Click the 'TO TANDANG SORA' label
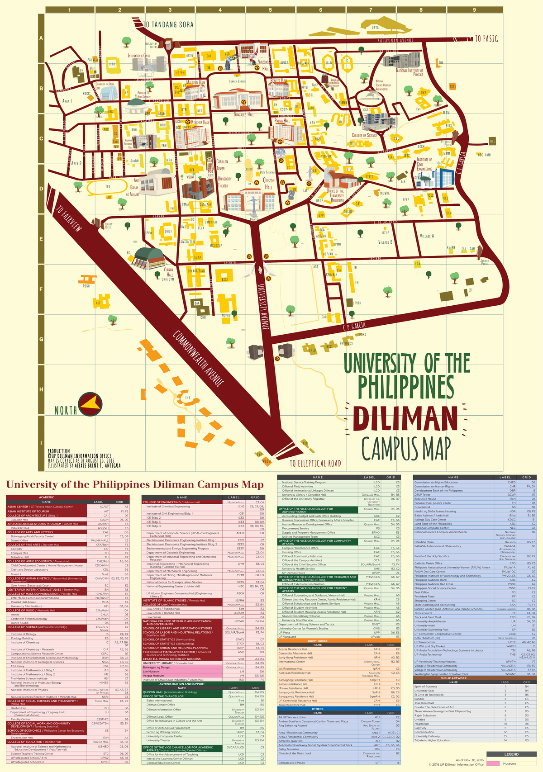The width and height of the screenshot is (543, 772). [168, 24]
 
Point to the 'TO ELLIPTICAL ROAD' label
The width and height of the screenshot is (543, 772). [315, 463]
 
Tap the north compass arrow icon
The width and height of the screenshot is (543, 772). [89, 404]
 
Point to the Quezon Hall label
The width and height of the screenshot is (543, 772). [269, 184]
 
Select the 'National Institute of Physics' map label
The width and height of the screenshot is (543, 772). [410, 72]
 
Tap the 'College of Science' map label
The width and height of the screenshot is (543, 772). [364, 135]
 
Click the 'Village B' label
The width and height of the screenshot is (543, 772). [385, 242]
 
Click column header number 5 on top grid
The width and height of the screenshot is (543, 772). [270, 9]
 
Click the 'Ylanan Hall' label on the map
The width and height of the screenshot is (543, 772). [169, 272]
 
